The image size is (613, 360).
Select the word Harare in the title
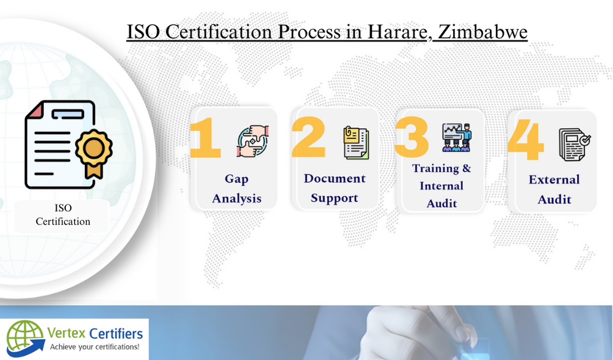tap(396, 31)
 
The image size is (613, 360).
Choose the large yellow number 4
tap(525, 140)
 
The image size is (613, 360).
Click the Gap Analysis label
tap(236, 189)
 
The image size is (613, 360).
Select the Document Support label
tap(335, 188)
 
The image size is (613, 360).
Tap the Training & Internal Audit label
tap(441, 185)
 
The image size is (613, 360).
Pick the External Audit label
tap(554, 189)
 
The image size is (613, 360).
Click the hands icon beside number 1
tap(253, 141)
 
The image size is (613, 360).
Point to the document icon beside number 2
tap(356, 143)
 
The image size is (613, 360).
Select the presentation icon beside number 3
tap(457, 137)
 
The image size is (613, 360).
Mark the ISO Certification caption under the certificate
tap(63, 215)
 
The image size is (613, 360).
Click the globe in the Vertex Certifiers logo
tap(24, 337)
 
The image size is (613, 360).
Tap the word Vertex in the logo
tap(67, 333)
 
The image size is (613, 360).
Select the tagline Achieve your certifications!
tap(95, 347)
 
